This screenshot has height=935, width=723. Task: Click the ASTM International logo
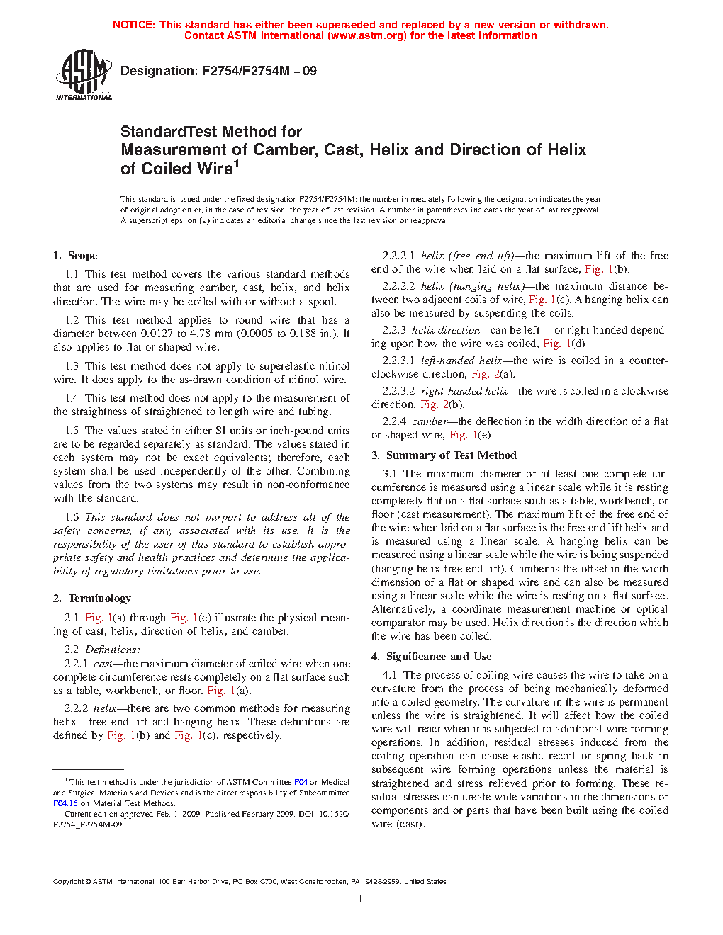84,75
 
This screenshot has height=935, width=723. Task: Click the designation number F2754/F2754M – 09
259,71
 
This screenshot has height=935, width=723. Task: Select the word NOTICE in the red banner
134,25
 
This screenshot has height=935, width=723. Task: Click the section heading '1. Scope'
75,256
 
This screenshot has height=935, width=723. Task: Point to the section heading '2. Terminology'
92,599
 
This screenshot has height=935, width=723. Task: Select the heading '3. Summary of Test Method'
444,455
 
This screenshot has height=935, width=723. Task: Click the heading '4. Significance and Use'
431,657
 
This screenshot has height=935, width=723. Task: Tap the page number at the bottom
361,899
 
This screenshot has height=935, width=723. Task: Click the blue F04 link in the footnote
301,782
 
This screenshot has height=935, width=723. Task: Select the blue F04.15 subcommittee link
65,803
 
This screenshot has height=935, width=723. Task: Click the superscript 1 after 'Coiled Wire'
237,164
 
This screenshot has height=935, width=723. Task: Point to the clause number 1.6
72,517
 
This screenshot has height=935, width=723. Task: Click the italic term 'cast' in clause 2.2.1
103,664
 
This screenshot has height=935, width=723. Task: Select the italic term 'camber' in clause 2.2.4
430,421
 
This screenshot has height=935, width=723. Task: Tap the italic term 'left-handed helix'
461,361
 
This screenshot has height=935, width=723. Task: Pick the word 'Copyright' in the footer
69,882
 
